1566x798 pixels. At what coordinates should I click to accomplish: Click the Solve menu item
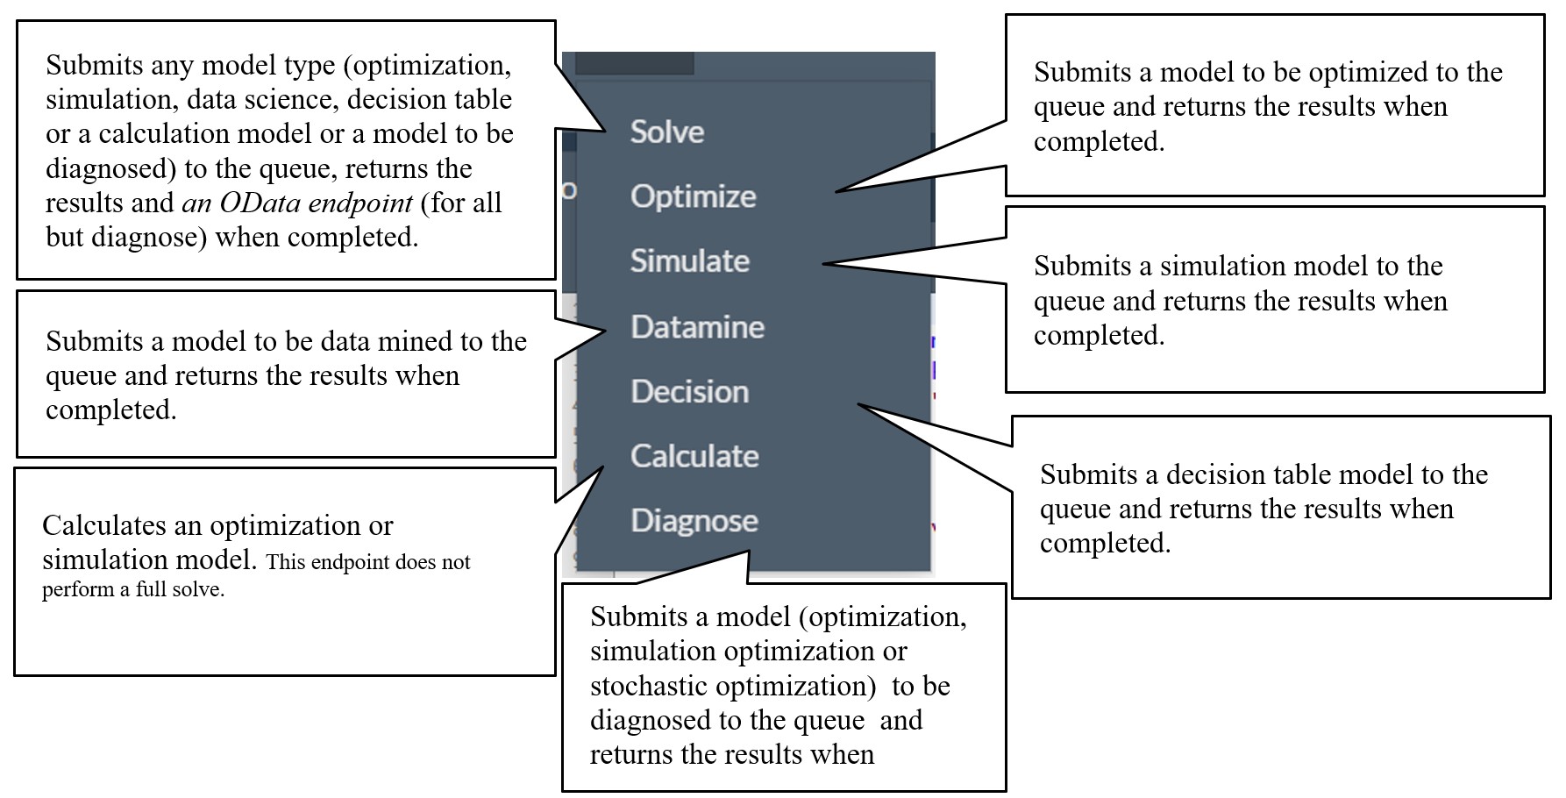pyautogui.click(x=667, y=132)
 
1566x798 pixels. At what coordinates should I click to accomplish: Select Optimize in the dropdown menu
pyautogui.click(x=693, y=196)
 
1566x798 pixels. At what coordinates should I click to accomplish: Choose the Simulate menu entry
pyautogui.click(x=690, y=260)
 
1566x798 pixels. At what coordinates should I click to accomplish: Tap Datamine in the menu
pyautogui.click(x=698, y=326)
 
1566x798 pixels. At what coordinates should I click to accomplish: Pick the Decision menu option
pyautogui.click(x=690, y=391)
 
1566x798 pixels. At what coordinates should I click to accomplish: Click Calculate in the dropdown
pyautogui.click(x=694, y=456)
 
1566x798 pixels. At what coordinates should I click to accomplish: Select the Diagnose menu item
pyautogui.click(x=694, y=521)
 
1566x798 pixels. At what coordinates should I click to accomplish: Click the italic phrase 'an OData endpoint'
pyautogui.click(x=297, y=203)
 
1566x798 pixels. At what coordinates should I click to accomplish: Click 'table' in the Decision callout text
pyautogui.click(x=1293, y=474)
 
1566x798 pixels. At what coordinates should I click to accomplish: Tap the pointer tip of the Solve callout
pyautogui.click(x=606, y=132)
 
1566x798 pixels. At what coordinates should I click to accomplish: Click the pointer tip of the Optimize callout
pyautogui.click(x=836, y=190)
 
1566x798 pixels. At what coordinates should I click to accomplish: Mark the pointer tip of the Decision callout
pyautogui.click(x=858, y=404)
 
